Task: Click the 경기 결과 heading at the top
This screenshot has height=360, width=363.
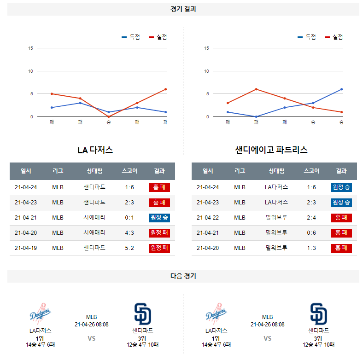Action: (183, 9)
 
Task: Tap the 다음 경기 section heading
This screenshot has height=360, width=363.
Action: (183, 276)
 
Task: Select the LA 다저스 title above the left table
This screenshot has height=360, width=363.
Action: (95, 150)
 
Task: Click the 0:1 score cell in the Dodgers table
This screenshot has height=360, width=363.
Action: (129, 218)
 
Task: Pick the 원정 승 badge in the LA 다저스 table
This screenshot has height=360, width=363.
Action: (159, 218)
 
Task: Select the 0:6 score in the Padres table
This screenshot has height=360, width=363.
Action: (311, 233)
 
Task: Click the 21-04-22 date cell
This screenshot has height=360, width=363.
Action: (208, 218)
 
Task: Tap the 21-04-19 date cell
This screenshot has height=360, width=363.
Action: (26, 248)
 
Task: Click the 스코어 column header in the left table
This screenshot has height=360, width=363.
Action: (129, 171)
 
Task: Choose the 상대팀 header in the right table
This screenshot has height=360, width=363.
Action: (276, 171)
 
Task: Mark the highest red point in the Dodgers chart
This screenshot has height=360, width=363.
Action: (166, 89)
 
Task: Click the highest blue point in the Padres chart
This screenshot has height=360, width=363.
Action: (342, 89)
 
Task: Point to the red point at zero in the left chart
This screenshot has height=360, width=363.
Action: (109, 116)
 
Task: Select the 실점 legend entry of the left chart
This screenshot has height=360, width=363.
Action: (158, 37)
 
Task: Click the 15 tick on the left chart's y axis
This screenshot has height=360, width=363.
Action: (30, 48)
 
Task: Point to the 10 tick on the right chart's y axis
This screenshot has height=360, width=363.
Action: (207, 71)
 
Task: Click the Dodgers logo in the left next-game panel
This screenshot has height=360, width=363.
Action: (41, 314)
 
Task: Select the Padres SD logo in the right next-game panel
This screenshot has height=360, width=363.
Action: (318, 314)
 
